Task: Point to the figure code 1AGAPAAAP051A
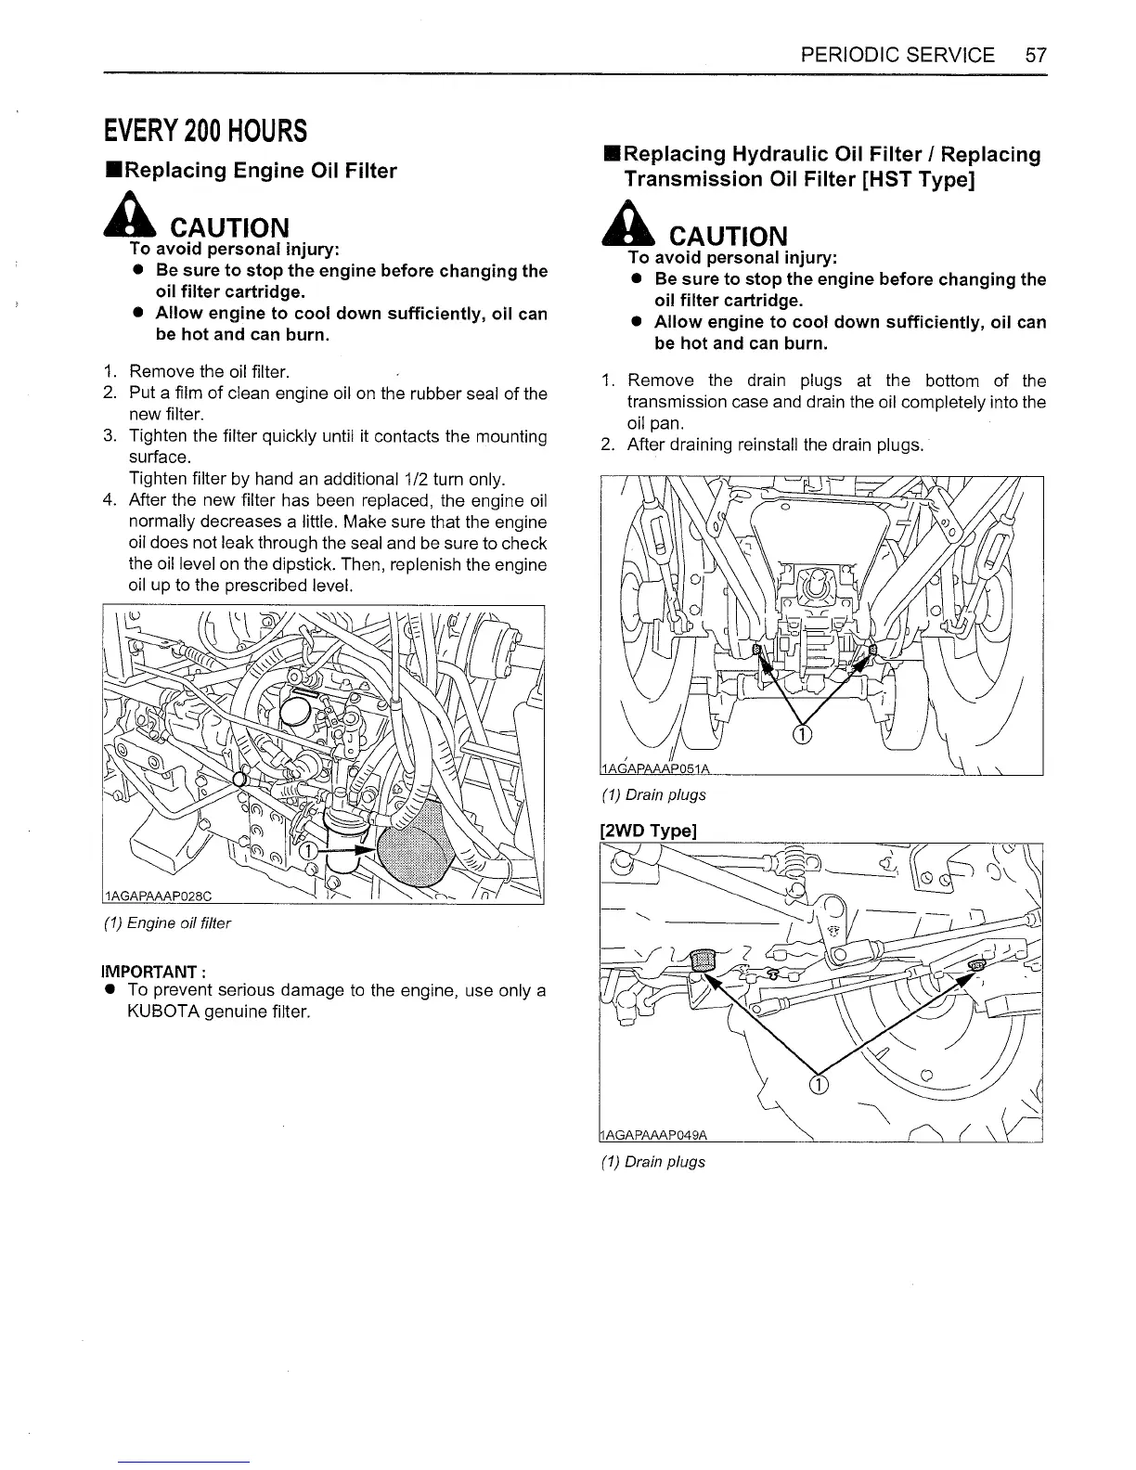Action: tap(655, 767)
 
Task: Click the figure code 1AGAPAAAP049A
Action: tap(654, 1135)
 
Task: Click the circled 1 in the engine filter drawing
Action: tap(305, 852)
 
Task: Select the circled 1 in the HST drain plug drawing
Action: tap(804, 736)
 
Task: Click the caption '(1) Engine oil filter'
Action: tap(179, 923)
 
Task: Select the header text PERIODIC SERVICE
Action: tap(897, 55)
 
